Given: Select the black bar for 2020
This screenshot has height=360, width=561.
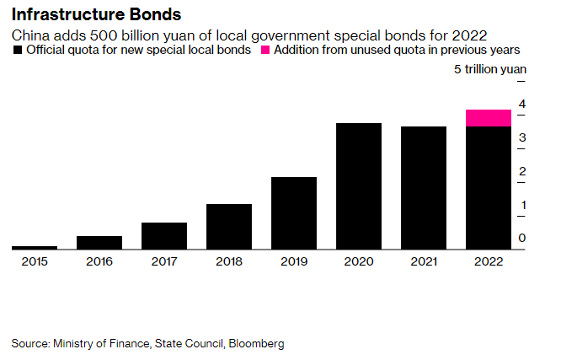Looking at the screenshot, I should (x=359, y=185).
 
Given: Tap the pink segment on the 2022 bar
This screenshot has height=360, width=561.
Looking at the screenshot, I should (x=489, y=117).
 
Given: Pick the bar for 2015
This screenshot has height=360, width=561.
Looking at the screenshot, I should (x=35, y=247).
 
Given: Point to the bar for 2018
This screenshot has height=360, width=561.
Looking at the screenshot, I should (x=229, y=226).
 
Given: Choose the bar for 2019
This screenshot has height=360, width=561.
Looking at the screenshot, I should (x=294, y=212).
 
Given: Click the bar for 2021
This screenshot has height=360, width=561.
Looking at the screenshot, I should (x=424, y=187).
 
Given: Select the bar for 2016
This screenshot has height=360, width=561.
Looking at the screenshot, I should (x=99, y=242).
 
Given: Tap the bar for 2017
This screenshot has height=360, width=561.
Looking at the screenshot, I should (x=164, y=235).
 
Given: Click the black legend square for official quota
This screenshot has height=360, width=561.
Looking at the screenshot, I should (x=18, y=51).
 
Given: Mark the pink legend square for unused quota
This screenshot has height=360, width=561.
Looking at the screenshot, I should (x=264, y=51).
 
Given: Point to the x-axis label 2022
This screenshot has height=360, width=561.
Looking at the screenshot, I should (x=489, y=261).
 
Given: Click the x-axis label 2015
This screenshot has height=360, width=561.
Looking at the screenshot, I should (x=35, y=261).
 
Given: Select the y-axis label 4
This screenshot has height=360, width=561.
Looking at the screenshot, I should (x=522, y=105).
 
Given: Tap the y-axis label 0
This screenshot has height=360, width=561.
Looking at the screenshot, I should (x=522, y=239).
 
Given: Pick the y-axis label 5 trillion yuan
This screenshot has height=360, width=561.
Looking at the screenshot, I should (x=489, y=70).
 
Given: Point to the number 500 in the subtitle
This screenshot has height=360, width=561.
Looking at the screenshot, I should (x=95, y=35).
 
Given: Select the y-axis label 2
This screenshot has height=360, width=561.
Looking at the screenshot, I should (x=522, y=172).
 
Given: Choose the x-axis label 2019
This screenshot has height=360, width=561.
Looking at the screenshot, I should (x=294, y=261).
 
